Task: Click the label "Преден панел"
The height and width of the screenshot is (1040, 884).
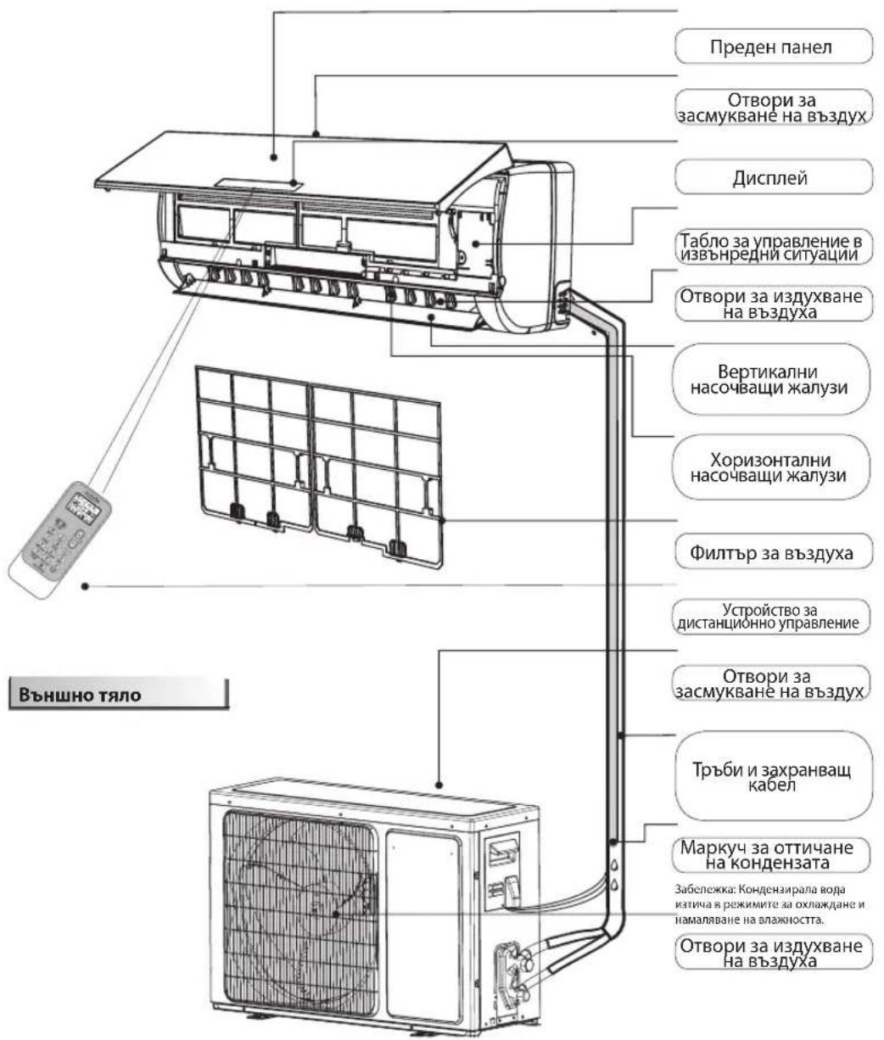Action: (x=773, y=47)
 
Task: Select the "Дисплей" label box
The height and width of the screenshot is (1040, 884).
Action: (x=773, y=179)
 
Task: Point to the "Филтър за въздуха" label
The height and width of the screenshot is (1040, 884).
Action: (x=773, y=554)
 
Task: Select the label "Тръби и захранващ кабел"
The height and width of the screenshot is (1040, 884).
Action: (x=773, y=776)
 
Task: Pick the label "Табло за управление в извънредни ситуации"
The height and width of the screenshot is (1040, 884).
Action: (x=773, y=246)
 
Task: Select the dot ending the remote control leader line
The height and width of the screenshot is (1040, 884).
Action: (x=85, y=584)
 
